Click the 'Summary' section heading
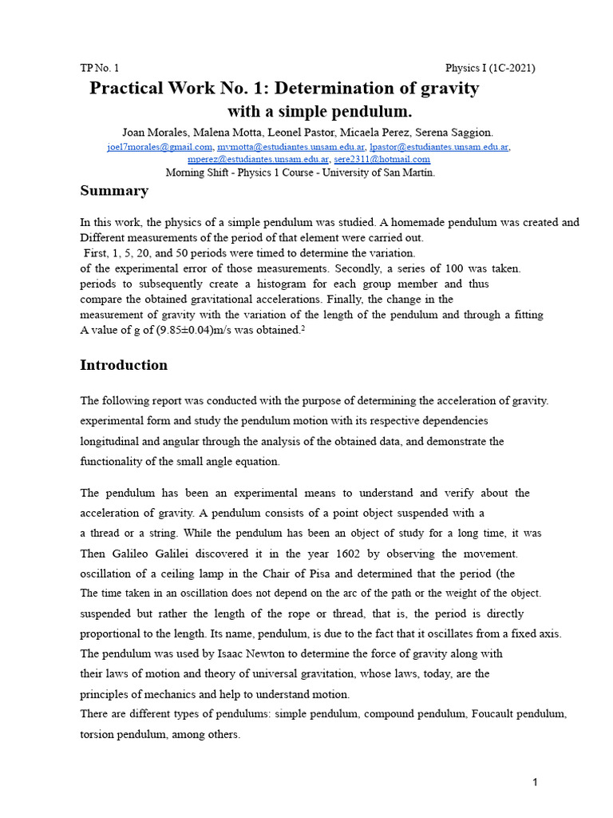click(x=114, y=191)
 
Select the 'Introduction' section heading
click(x=124, y=365)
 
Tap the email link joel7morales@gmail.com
click(x=160, y=147)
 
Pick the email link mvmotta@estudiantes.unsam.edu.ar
click(x=291, y=147)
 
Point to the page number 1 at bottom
click(x=536, y=783)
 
